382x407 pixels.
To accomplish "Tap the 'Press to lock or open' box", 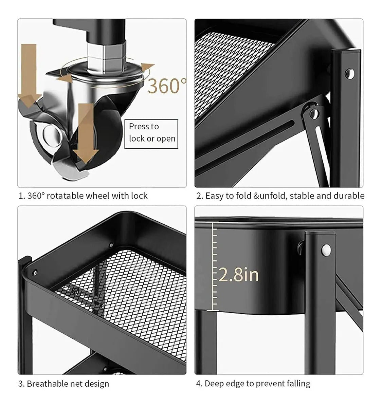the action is (x=151, y=134).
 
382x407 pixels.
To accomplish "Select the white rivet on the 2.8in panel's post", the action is (x=326, y=250).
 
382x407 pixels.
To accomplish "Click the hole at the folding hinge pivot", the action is (x=314, y=113).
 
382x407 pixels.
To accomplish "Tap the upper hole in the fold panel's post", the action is (x=349, y=74).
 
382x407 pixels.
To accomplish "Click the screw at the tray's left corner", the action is (x=34, y=273).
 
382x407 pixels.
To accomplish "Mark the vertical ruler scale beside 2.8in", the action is (x=215, y=266).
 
